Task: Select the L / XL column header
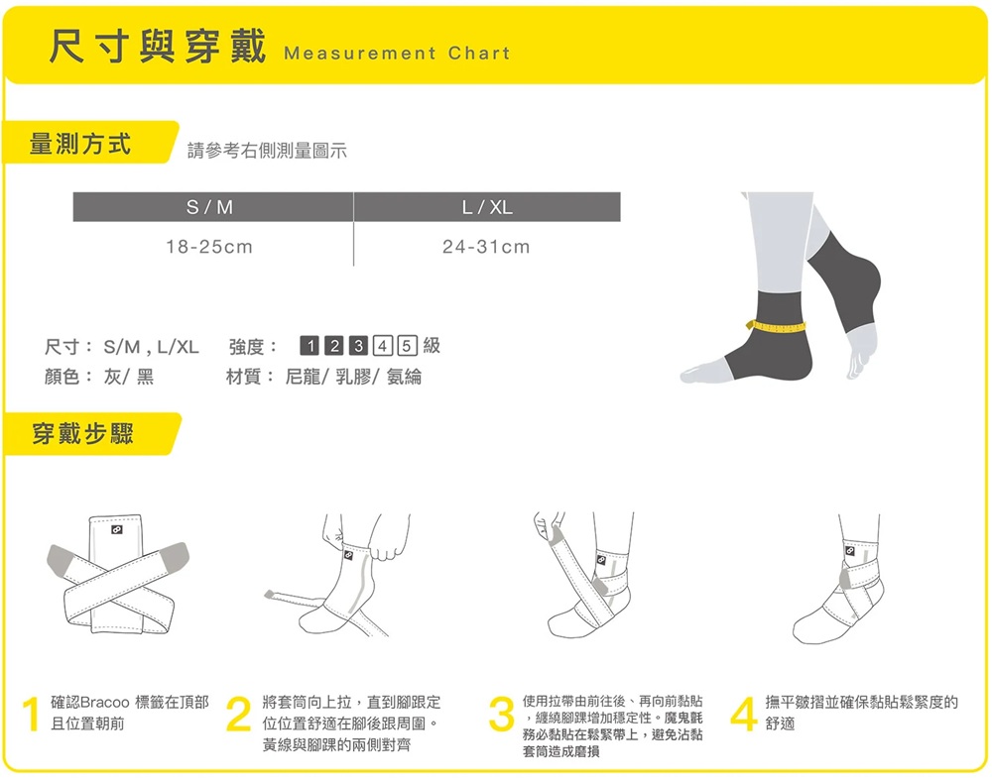click(x=487, y=207)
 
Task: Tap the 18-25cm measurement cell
click(x=209, y=247)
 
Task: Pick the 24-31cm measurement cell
click(x=486, y=247)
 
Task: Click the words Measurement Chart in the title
click(x=398, y=54)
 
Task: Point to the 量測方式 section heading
click(x=79, y=144)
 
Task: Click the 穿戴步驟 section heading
click(x=83, y=434)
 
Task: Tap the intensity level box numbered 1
click(x=309, y=345)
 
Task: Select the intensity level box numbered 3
click(x=358, y=345)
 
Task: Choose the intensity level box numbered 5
click(x=407, y=345)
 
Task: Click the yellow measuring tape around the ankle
click(x=777, y=327)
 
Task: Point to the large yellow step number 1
click(x=31, y=714)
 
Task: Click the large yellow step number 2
click(x=238, y=714)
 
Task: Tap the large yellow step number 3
click(x=502, y=714)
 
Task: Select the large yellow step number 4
click(x=744, y=714)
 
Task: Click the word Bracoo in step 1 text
click(x=105, y=703)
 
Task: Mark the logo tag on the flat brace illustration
click(x=116, y=529)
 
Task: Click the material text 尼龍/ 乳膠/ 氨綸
click(x=353, y=377)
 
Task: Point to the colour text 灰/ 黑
click(x=128, y=377)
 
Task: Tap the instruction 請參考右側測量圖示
click(x=267, y=151)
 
